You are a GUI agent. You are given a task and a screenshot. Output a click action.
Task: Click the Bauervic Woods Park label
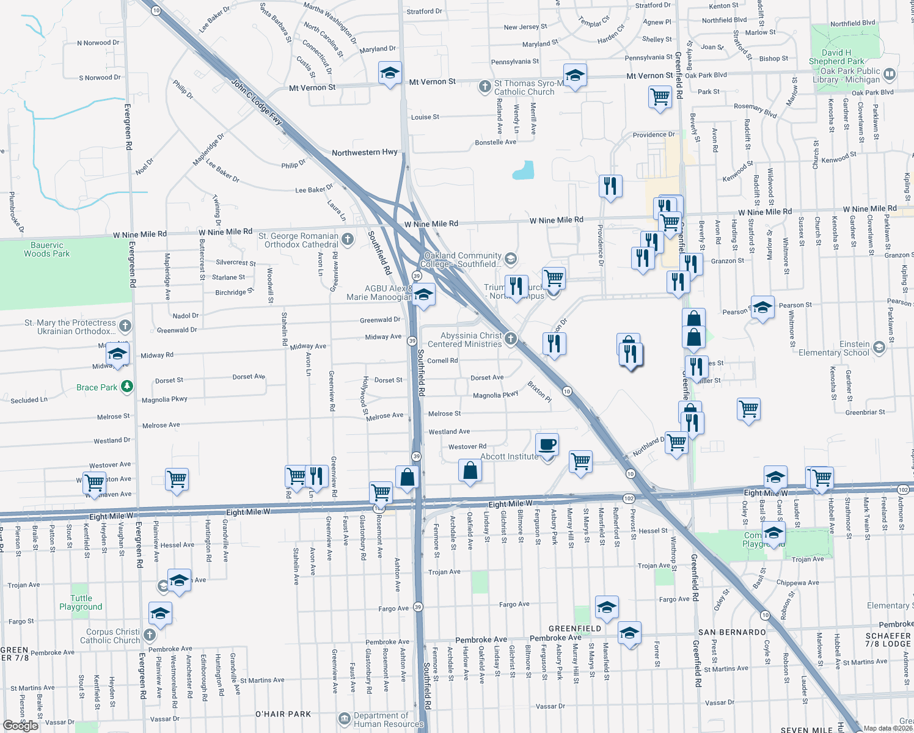(x=47, y=249)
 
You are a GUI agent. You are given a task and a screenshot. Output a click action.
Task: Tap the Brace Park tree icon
(x=126, y=386)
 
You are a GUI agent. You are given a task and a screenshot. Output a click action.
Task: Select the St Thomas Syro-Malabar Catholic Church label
(x=524, y=87)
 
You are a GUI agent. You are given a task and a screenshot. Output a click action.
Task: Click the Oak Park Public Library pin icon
(x=889, y=75)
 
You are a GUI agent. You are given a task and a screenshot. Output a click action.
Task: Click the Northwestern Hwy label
(x=364, y=152)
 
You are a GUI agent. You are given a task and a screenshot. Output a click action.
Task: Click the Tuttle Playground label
(x=81, y=602)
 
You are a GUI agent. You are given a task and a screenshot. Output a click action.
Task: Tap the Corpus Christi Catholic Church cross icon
(x=150, y=635)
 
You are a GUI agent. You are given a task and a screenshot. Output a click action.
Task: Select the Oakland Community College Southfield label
(x=461, y=260)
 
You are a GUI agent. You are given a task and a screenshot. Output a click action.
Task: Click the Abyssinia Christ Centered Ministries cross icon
(x=511, y=338)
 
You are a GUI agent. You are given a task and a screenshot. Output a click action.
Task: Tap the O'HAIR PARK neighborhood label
(x=283, y=713)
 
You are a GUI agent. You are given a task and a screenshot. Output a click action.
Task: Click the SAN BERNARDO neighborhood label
(x=732, y=632)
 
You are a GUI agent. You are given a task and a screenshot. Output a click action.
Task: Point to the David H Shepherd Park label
(x=836, y=57)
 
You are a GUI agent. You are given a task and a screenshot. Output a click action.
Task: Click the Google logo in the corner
(x=21, y=725)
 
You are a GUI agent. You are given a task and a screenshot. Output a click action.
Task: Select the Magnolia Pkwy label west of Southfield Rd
(x=164, y=399)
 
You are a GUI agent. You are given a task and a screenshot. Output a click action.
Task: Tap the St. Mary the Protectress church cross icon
(x=125, y=326)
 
